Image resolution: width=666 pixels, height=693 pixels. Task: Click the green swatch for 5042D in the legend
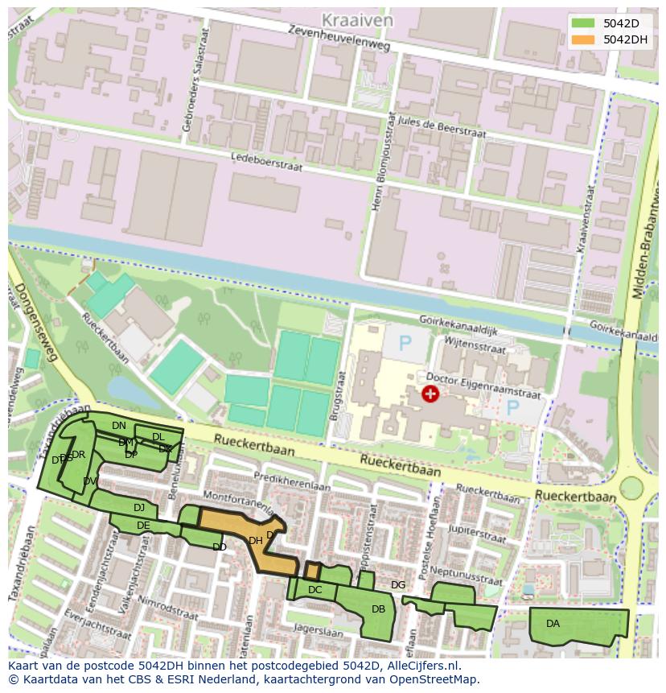click(584, 23)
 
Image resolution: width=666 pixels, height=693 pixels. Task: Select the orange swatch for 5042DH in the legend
click(584, 39)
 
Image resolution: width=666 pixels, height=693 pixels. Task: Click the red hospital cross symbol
click(430, 393)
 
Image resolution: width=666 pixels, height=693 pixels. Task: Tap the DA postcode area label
click(553, 624)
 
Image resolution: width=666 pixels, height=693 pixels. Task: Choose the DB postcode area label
click(379, 609)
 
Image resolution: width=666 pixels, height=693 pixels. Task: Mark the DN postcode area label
click(119, 425)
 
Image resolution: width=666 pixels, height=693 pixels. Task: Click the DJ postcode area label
click(139, 508)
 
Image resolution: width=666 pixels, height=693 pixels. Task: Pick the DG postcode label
click(398, 584)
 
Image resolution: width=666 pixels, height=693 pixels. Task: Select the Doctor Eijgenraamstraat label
click(483, 386)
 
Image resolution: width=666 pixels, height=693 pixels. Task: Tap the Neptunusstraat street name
click(466, 573)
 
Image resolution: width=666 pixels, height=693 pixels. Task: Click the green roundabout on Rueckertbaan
click(631, 488)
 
